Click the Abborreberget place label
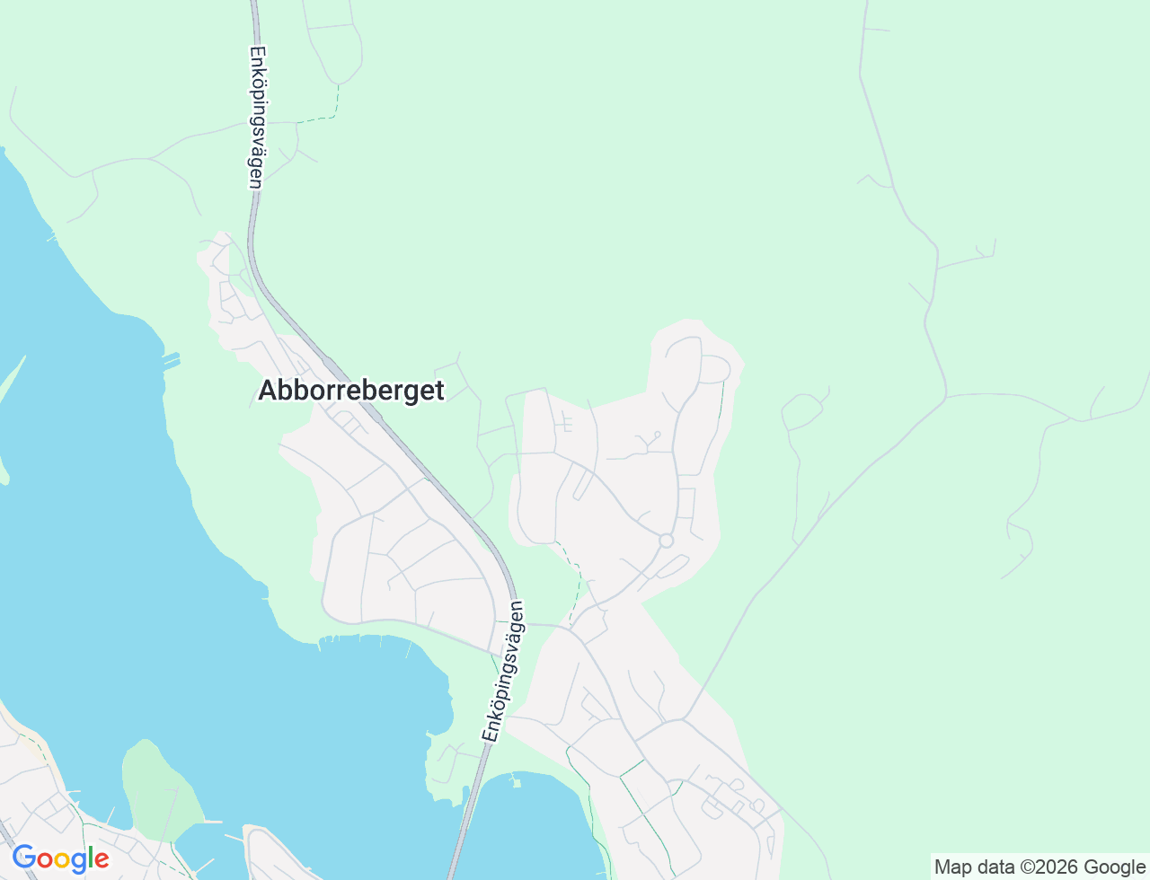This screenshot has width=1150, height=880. [x=350, y=391]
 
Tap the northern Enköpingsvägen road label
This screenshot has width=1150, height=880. [x=255, y=117]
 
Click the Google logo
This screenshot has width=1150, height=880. [x=60, y=858]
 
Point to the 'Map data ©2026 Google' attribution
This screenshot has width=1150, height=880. [x=1039, y=867]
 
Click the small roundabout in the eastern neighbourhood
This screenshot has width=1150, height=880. [x=666, y=541]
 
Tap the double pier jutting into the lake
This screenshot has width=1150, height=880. [x=171, y=361]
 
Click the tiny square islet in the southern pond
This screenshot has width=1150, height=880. [x=516, y=783]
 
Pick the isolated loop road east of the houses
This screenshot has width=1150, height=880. [x=801, y=411]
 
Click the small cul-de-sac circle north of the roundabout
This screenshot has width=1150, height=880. [x=658, y=435]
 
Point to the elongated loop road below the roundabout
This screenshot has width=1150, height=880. [x=672, y=567]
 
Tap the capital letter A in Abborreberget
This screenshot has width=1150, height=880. [x=268, y=391]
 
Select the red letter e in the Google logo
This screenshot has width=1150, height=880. [x=101, y=860]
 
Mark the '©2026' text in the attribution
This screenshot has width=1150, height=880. [x=1048, y=867]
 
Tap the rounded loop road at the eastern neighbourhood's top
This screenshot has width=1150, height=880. [x=714, y=368]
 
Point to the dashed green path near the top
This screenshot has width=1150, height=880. [x=323, y=112]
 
